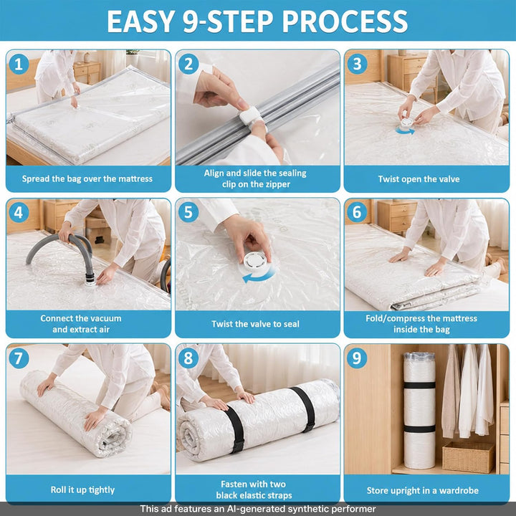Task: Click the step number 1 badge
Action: tap(19, 64)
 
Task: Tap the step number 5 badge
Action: tap(188, 212)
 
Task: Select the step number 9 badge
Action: tap(357, 358)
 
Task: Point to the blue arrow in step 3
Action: tap(405, 131)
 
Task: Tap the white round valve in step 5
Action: tap(254, 262)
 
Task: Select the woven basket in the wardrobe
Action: tap(468, 457)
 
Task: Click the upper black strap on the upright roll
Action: tap(419, 385)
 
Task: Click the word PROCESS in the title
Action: tap(345, 21)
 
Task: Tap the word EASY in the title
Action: tap(140, 21)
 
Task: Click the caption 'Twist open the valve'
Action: tap(419, 179)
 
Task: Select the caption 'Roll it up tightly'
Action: tap(82, 489)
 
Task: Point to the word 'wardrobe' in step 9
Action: tap(459, 490)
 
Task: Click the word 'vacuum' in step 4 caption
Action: tap(104, 318)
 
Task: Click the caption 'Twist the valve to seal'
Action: tap(255, 324)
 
